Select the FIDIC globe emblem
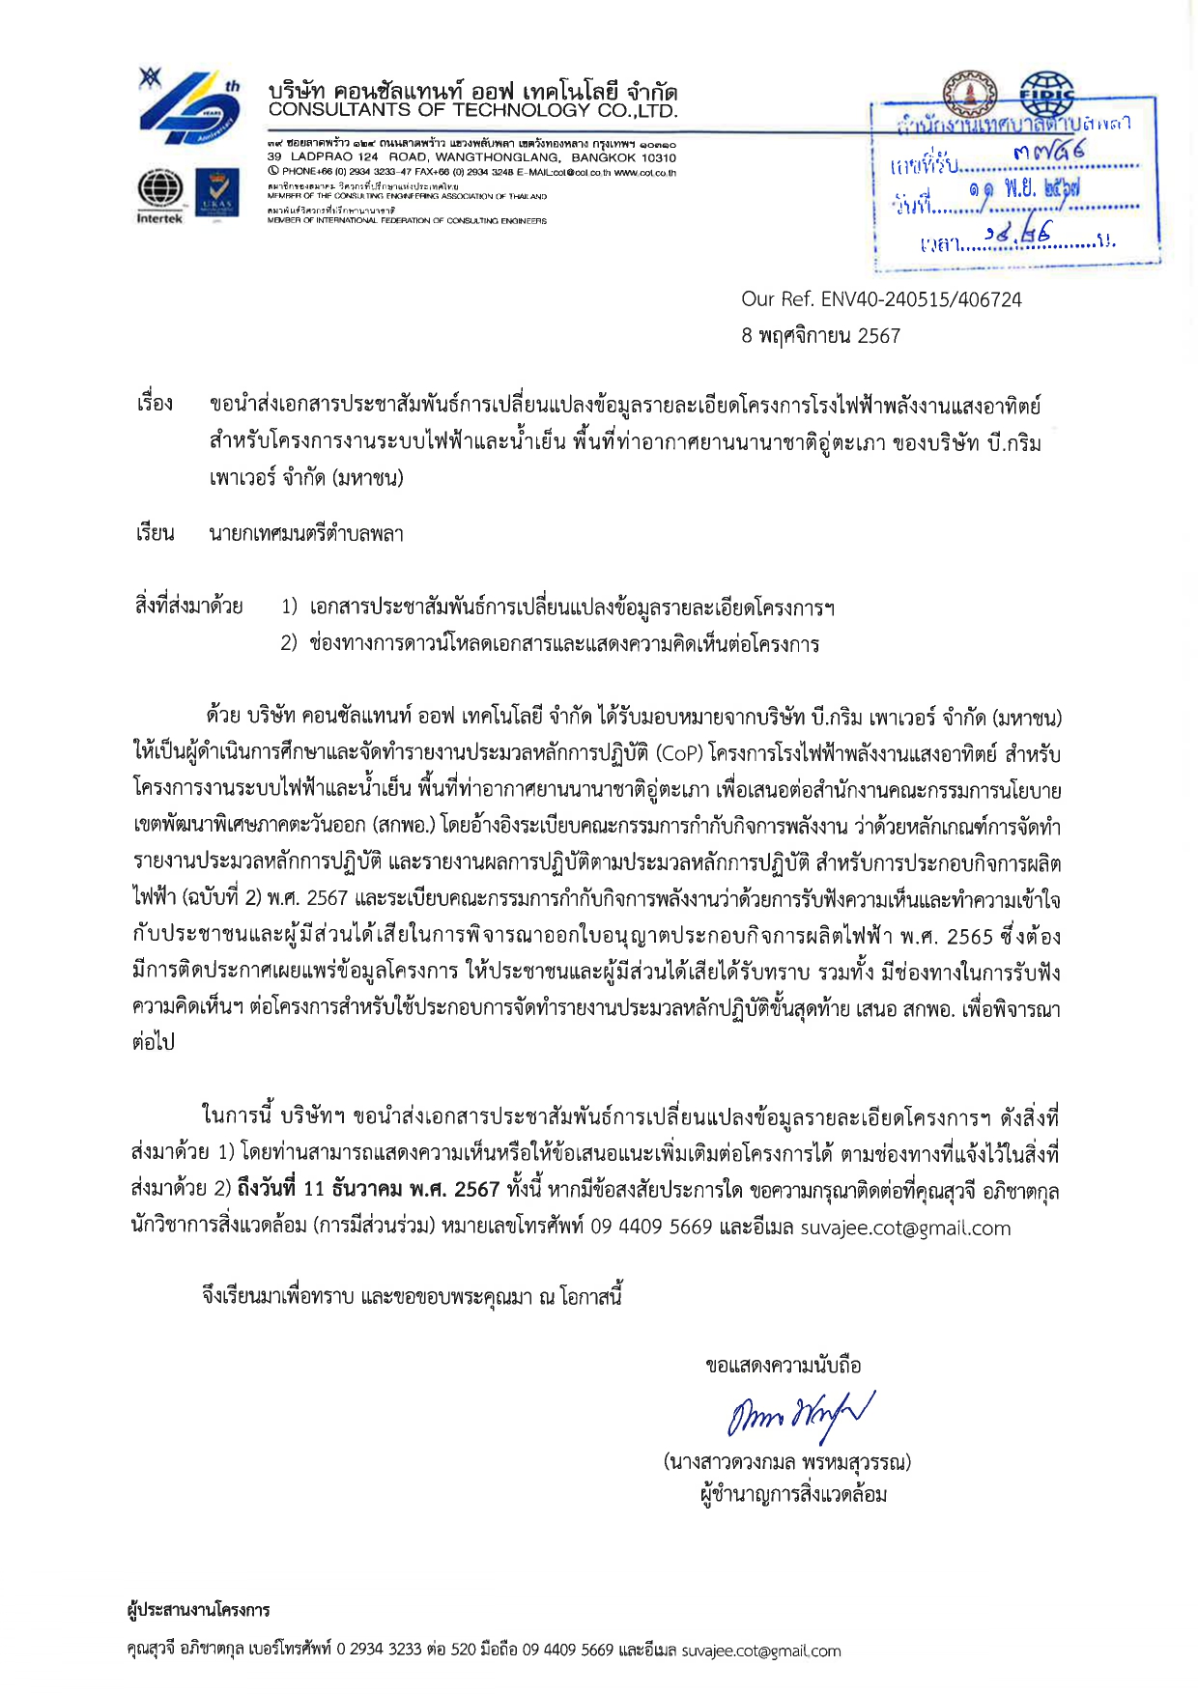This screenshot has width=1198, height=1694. pyautogui.click(x=1047, y=91)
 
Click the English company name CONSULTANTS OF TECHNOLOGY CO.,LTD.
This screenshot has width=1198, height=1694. pyautogui.click(x=472, y=110)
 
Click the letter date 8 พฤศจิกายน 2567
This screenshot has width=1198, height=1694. pyautogui.click(x=820, y=336)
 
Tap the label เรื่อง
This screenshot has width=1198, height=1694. pyautogui.click(x=155, y=404)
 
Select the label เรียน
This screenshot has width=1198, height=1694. pyautogui.click(x=155, y=533)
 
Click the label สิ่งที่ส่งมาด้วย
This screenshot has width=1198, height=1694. pyautogui.click(x=188, y=607)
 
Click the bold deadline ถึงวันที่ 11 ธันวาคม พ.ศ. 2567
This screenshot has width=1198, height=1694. pyautogui.click(x=368, y=1190)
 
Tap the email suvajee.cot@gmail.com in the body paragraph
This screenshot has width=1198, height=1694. pyautogui.click(x=905, y=1228)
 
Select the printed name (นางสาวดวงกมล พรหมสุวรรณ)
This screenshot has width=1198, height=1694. pyautogui.click(x=786, y=1461)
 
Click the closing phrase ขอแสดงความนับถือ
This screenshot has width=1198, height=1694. pyautogui.click(x=783, y=1366)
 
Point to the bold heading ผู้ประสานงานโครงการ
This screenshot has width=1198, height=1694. pyautogui.click(x=199, y=1610)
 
